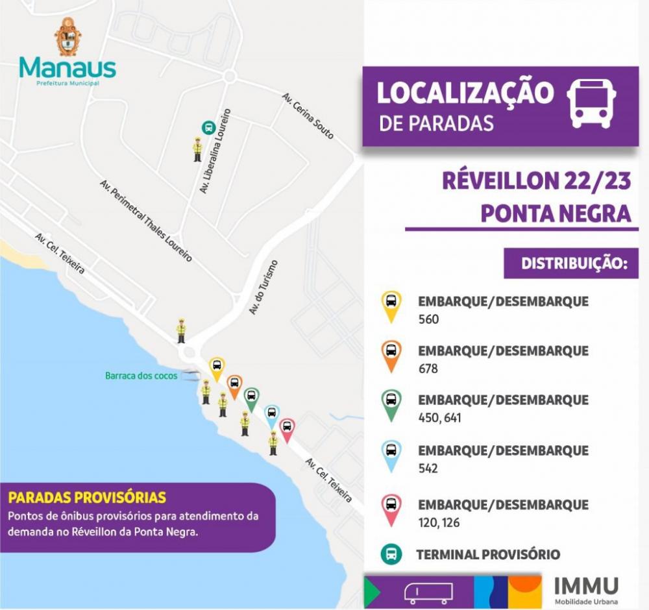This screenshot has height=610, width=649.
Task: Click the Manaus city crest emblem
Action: [x=68, y=36]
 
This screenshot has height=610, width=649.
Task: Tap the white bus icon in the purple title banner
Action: [x=591, y=104]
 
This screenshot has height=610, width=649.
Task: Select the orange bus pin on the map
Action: [x=234, y=385]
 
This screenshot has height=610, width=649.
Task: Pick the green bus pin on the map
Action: [x=251, y=398]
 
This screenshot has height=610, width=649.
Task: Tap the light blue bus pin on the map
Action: [x=272, y=415]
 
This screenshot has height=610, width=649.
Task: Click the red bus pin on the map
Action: [x=287, y=429]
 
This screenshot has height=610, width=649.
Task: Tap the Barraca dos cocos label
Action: [x=141, y=376]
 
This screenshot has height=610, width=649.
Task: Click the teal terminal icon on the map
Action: [x=208, y=128]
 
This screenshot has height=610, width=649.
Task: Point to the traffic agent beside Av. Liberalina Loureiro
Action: [x=197, y=149]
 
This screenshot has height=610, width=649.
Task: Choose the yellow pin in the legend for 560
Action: [x=391, y=306]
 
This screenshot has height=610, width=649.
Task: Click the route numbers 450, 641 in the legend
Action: [x=439, y=418]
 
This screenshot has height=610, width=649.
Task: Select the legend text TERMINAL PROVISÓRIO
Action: [x=487, y=555]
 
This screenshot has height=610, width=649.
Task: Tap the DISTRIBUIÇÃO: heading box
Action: [x=571, y=264]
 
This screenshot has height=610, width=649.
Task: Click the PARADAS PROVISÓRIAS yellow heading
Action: [x=87, y=498]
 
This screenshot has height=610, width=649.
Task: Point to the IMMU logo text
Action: [x=586, y=586]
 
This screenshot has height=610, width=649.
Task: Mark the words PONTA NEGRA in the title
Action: [x=556, y=213]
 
